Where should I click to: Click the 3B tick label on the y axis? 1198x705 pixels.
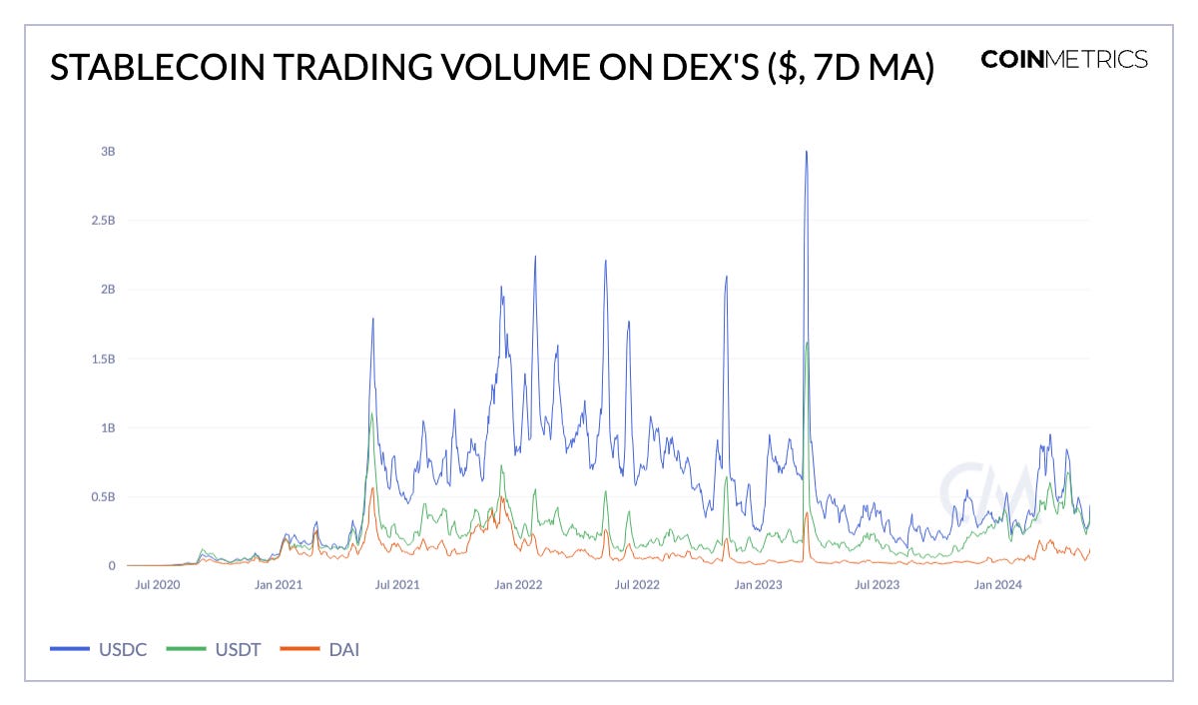pos(108,152)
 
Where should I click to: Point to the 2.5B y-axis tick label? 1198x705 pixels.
pos(103,221)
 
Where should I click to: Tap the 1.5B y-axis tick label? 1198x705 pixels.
pos(103,358)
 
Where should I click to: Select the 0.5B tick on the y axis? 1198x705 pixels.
pos(103,496)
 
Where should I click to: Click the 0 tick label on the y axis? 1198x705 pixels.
pos(112,566)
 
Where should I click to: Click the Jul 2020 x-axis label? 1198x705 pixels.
pos(158,585)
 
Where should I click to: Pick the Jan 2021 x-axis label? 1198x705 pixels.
pos(278,585)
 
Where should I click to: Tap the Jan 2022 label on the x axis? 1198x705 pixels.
pos(518,585)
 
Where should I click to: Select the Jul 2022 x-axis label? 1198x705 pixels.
pos(636,585)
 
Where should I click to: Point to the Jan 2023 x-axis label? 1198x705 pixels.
pos(758,585)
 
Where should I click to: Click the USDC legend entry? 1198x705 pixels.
pos(100,650)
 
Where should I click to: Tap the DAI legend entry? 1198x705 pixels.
pos(321,650)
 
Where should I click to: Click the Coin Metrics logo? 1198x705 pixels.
pos(1064,60)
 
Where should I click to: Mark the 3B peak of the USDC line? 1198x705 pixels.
pos(806,152)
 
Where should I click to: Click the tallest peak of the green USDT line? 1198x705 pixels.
pos(807,343)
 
